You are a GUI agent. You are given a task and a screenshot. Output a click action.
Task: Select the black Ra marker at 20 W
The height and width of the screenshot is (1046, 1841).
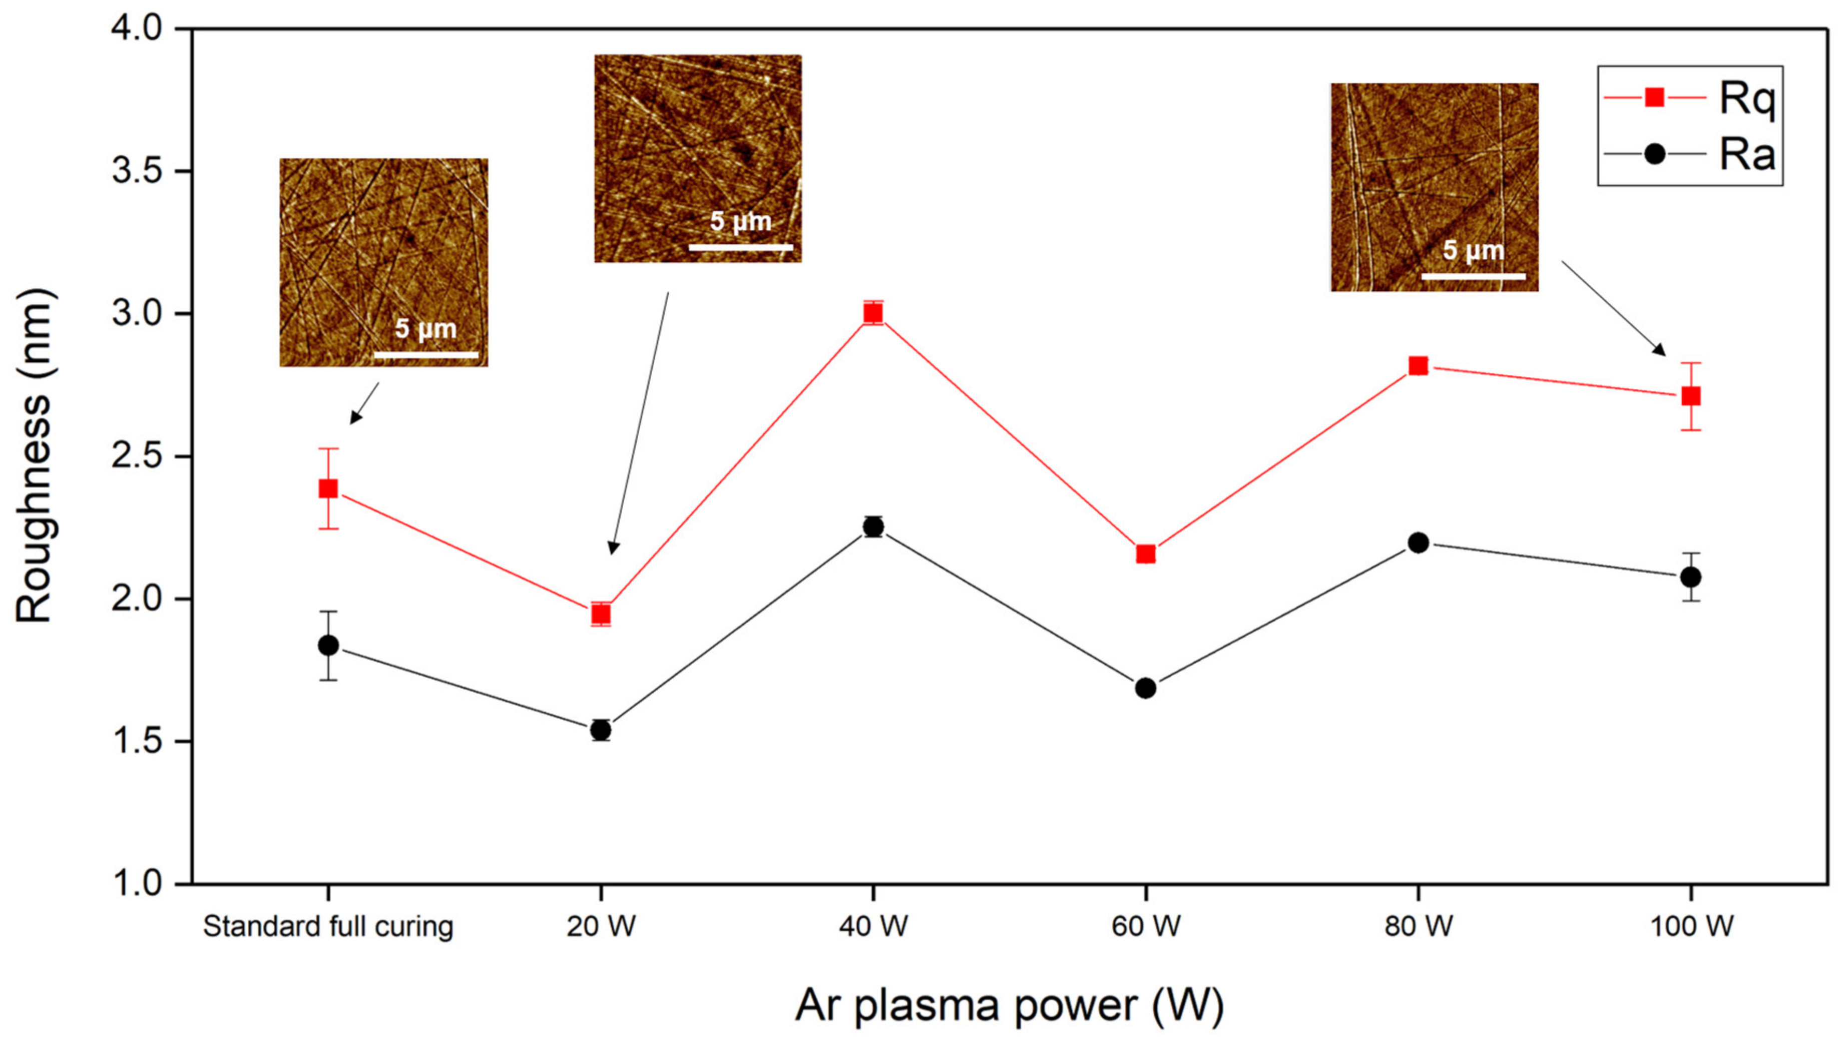tap(601, 730)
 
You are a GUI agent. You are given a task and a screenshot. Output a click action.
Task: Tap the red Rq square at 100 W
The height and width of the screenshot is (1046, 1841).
tap(1690, 396)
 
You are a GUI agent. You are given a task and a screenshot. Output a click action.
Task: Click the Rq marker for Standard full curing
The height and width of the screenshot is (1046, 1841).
tap(328, 488)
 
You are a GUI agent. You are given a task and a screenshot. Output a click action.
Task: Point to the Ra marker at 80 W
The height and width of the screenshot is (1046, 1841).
tap(1418, 543)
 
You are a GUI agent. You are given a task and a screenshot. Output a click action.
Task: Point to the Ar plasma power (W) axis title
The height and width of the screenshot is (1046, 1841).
tap(1009, 1005)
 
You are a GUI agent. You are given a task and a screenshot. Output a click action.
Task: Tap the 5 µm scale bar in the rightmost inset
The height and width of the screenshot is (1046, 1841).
tap(1473, 276)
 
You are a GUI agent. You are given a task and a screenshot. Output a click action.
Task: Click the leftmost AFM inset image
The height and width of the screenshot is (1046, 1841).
tap(383, 262)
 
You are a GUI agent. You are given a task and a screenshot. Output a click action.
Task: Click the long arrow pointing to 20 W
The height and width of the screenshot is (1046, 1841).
tap(639, 424)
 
